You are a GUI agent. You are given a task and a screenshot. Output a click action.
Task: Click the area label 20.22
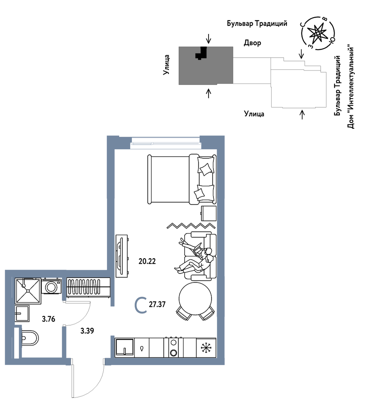point(147,261)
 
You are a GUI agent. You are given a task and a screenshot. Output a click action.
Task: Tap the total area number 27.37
point(157,304)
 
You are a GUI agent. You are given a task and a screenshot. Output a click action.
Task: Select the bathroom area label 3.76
point(49,319)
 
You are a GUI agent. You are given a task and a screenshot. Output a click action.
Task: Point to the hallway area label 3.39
point(87,331)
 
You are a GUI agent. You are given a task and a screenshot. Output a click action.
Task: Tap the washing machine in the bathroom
point(51,286)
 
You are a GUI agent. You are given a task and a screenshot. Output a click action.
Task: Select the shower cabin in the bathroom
point(28,291)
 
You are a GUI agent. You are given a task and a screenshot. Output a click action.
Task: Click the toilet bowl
point(29,338)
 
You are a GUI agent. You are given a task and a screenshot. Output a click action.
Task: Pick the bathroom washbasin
point(22,313)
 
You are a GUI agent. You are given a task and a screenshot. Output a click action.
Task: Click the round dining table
point(195,299)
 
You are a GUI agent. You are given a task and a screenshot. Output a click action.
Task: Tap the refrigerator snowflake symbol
point(205,348)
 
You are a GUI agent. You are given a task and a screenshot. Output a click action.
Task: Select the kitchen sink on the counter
point(125,348)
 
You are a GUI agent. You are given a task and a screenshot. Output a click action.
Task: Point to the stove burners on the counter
point(173,347)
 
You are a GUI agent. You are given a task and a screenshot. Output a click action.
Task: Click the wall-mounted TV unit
point(122,256)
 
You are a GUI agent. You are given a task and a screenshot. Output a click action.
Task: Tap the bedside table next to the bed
point(209,213)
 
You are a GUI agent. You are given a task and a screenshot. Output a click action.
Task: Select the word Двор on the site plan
point(253,43)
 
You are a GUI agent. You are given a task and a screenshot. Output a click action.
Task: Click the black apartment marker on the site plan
point(201,53)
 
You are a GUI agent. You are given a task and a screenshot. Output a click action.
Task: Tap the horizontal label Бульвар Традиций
point(257,24)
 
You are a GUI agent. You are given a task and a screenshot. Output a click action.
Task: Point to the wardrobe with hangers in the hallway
point(88,288)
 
